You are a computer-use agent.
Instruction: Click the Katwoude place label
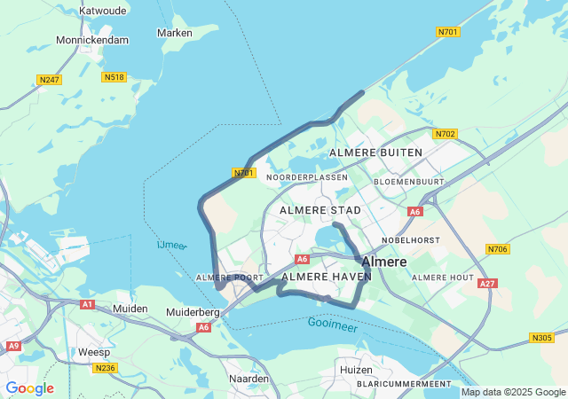coord(104,11)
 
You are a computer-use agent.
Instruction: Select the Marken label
coord(174,33)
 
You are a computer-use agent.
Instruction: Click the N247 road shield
coord(50,80)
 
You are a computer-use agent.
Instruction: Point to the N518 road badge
coord(114,77)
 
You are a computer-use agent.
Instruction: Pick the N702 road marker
coord(445,134)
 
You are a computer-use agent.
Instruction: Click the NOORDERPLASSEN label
coord(307,177)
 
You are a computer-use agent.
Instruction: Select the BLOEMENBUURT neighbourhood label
coord(408,181)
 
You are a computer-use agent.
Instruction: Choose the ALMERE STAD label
coord(320,210)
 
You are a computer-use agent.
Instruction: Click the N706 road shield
coord(498,250)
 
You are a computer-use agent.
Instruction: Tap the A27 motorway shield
coord(486,284)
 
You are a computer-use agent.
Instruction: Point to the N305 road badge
coord(541,337)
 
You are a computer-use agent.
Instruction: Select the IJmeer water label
coord(171,245)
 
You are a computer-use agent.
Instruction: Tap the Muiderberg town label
coord(193,312)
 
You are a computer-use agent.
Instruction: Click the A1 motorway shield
coord(87,304)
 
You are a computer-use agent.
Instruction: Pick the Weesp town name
coord(95,352)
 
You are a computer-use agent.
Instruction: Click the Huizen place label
coord(355,369)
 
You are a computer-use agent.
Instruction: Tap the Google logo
coord(29,388)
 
